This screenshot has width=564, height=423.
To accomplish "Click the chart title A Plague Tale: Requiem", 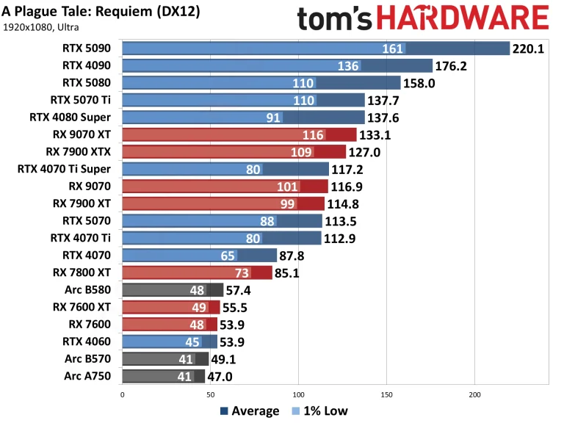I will tap(101, 12).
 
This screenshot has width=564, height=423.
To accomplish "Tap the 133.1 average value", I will tap(377, 134).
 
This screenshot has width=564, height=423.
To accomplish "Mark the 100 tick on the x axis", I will tap(298, 394).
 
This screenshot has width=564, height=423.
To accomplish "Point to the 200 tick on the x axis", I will tap(474, 394).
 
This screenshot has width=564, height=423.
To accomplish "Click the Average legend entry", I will tap(248, 411).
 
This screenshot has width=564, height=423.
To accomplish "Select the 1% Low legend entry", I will tap(320, 411).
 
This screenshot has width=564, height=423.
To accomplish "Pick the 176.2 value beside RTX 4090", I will tap(454, 66).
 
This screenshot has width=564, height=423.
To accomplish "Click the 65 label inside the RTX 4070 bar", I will tap(228, 256).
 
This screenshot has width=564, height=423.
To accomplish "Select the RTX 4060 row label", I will tap(87, 341).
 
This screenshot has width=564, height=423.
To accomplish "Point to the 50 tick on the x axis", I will tap(210, 394).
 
